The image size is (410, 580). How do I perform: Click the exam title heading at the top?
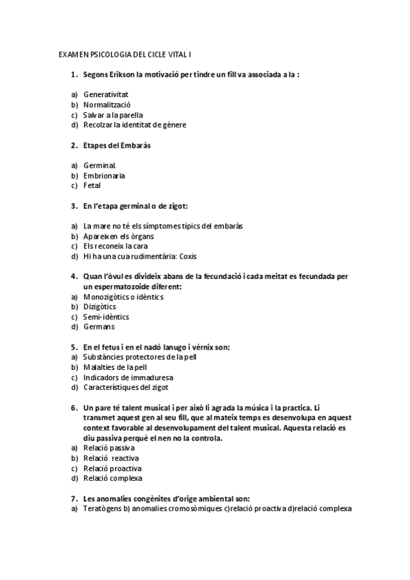(129, 53)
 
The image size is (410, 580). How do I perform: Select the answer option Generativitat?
(106, 94)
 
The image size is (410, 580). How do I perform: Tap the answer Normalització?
(107, 105)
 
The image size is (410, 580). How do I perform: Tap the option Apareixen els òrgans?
(114, 236)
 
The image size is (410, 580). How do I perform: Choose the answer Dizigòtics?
(99, 307)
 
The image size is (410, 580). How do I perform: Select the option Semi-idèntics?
(106, 317)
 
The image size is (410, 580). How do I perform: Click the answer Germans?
(99, 327)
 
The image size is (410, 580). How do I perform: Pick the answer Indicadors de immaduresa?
(128, 377)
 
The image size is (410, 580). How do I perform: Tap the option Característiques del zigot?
(131, 387)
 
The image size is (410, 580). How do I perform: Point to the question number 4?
(73, 276)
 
